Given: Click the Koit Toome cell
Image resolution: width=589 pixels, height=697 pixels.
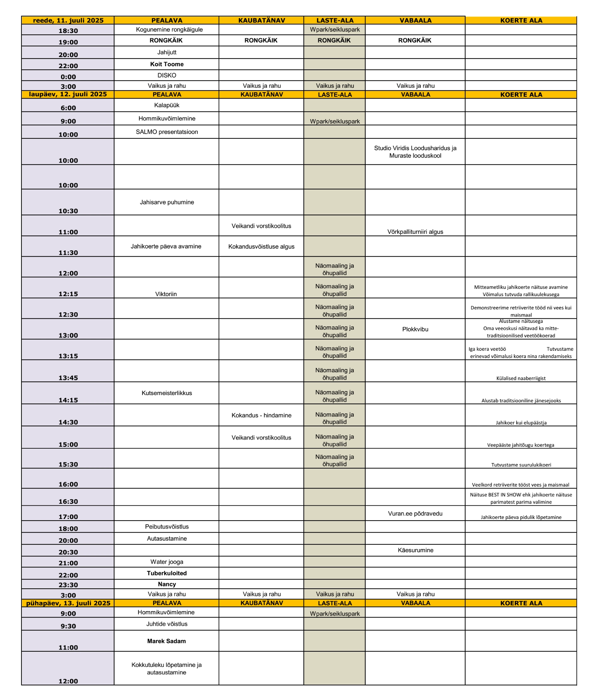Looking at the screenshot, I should (x=167, y=64).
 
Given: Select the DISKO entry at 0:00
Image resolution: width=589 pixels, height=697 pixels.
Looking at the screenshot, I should (x=167, y=75).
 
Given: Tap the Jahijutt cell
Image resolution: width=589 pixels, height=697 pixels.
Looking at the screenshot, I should (x=167, y=52).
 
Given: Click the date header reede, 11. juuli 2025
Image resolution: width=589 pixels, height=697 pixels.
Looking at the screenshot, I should (x=68, y=20).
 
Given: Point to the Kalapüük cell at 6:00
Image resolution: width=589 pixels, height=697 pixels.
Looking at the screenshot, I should (x=167, y=105).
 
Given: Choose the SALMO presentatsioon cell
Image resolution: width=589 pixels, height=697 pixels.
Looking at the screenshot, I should (x=167, y=132).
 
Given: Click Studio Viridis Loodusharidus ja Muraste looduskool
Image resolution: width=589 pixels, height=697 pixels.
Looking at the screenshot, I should (x=415, y=152).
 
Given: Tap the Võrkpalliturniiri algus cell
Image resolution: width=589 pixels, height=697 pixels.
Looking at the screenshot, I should (x=415, y=232).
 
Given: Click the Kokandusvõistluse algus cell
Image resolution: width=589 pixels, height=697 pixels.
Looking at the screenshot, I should (x=261, y=247).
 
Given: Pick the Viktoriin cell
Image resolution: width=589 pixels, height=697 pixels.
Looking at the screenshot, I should (x=166, y=294).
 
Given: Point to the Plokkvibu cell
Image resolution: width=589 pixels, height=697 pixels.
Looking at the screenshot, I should (x=415, y=329).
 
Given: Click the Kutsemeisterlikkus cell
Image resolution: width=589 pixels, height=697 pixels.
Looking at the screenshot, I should (x=167, y=393).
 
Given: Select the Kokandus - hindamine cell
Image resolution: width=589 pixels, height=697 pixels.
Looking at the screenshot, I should (x=261, y=415).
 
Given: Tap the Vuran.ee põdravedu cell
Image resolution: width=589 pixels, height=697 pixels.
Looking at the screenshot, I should (x=415, y=513).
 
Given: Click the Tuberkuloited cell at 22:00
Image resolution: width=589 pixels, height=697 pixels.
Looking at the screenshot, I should (x=167, y=573).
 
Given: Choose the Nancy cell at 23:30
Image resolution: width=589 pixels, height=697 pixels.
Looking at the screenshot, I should (x=167, y=584).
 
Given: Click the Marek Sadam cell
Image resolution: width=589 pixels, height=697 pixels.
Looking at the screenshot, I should (x=167, y=641).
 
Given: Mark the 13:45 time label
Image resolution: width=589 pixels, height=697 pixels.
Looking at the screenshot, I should (x=68, y=378).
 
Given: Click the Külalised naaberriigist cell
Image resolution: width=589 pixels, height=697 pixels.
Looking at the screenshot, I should (x=521, y=378).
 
